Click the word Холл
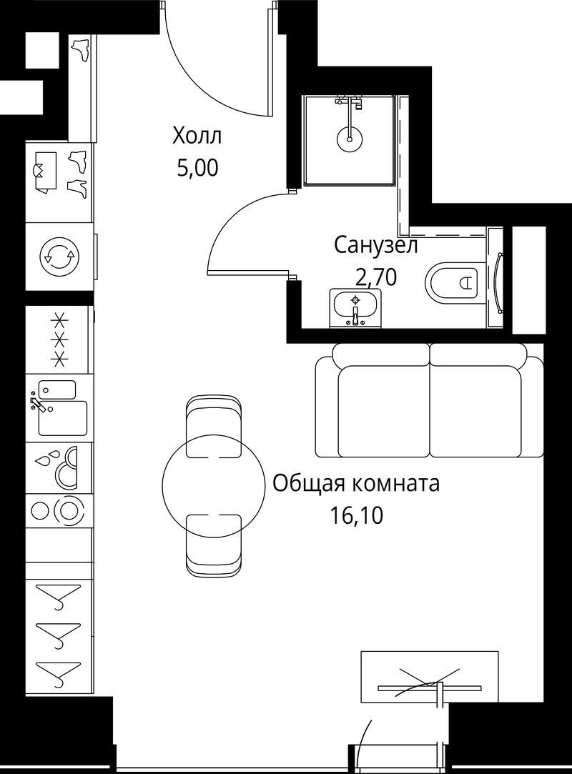pos(197,136)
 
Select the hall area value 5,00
pos(197,169)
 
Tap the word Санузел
pos(376,245)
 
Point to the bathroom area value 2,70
pos(376,278)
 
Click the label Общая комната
pos(356,484)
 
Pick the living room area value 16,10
pos(357,516)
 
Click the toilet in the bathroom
pos(451,282)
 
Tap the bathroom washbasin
pos(355,307)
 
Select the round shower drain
pos(350,138)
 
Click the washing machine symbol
pos(59,256)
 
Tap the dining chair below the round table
pos(213,545)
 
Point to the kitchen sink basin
pos(63,417)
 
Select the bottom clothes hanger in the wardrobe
pos(59,672)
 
